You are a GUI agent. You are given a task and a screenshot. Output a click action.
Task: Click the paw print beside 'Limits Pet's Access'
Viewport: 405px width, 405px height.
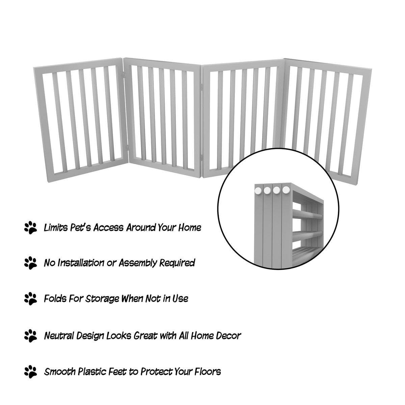30,228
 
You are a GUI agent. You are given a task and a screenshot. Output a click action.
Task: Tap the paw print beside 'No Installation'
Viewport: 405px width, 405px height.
30,263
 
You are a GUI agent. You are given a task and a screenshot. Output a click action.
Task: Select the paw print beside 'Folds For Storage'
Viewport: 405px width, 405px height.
30,299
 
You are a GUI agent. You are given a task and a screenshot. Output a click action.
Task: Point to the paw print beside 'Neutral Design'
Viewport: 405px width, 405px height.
30,336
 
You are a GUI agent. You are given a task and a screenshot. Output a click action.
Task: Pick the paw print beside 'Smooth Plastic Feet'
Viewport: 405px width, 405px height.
30,372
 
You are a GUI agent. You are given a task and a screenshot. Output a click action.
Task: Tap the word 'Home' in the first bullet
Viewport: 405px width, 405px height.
190,228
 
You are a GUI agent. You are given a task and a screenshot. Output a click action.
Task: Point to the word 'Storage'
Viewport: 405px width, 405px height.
102,299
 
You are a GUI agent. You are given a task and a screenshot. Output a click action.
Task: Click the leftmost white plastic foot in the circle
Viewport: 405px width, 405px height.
258,190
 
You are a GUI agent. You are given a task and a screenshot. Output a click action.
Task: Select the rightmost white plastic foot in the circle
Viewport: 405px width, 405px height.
286,190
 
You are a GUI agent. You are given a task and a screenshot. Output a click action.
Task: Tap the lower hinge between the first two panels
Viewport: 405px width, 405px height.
127,147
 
